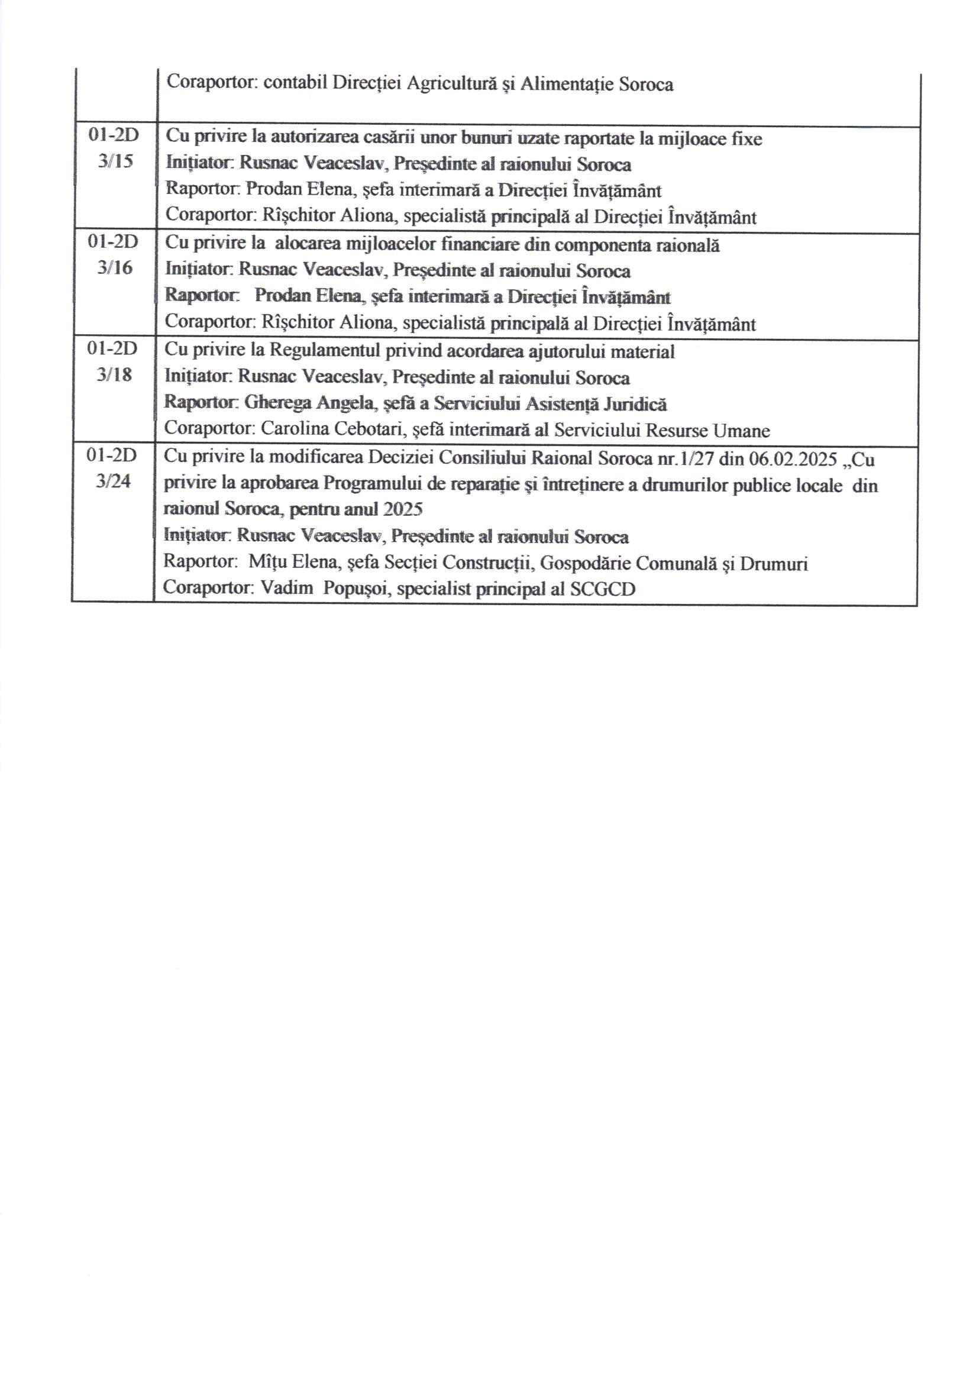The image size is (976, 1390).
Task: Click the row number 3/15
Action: pyautogui.click(x=115, y=162)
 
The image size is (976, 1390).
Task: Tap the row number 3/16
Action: pyautogui.click(x=115, y=268)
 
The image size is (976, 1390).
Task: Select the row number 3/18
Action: pyautogui.click(x=114, y=375)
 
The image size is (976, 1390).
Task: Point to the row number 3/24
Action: pyautogui.click(x=113, y=482)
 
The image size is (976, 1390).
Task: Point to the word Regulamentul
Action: pyautogui.click(x=324, y=351)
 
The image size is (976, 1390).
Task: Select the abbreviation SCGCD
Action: pyautogui.click(x=602, y=589)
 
